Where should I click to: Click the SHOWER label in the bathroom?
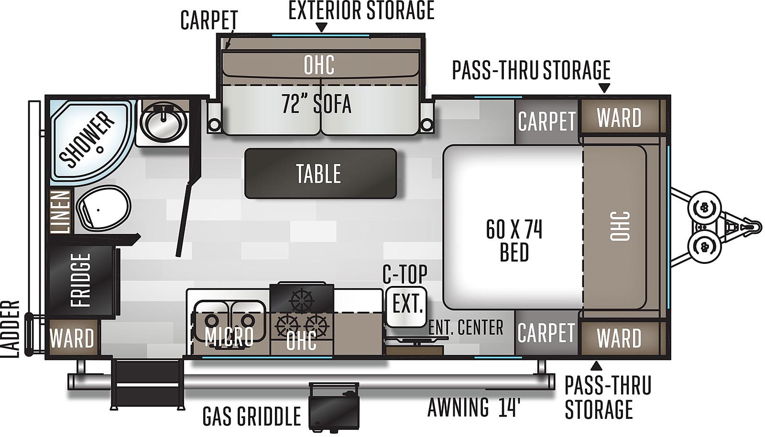87,140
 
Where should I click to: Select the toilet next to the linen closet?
103,207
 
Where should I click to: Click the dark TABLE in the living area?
320,174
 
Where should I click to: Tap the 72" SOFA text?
316,104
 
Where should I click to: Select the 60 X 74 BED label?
514,240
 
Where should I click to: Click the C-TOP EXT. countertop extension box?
406,306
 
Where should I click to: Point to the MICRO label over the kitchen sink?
229,336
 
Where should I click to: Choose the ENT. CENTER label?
466,327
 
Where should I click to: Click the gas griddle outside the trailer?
334,406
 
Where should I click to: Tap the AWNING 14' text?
474,407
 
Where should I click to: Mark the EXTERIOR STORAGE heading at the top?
361,11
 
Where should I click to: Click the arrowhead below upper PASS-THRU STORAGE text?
604,88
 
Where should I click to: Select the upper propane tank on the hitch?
704,207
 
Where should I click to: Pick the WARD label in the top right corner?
619,118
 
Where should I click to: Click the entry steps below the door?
148,383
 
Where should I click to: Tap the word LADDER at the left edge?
10,329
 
